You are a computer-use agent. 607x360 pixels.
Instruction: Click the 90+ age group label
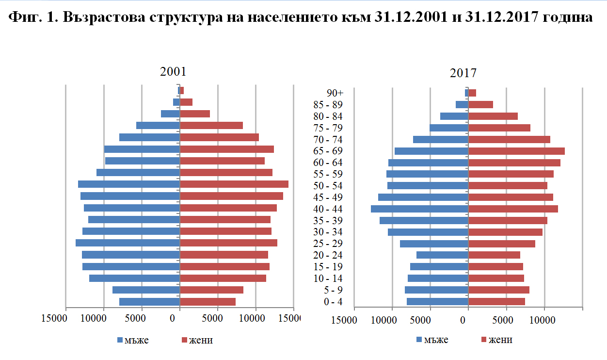point(335,93)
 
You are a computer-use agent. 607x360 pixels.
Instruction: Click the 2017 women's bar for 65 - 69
point(516,151)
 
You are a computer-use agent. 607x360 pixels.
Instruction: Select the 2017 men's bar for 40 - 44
point(419,209)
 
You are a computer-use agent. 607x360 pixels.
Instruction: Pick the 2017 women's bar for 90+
point(472,93)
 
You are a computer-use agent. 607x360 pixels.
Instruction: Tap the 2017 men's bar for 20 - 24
point(442,255)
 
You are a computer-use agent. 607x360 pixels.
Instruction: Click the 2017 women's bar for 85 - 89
point(480,104)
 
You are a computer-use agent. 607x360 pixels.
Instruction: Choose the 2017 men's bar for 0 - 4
point(437,302)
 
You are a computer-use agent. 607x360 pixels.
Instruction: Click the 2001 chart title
point(173,72)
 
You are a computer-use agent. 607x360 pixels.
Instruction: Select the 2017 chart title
point(463,73)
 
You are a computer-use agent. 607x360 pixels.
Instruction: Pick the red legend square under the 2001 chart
point(185,340)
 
